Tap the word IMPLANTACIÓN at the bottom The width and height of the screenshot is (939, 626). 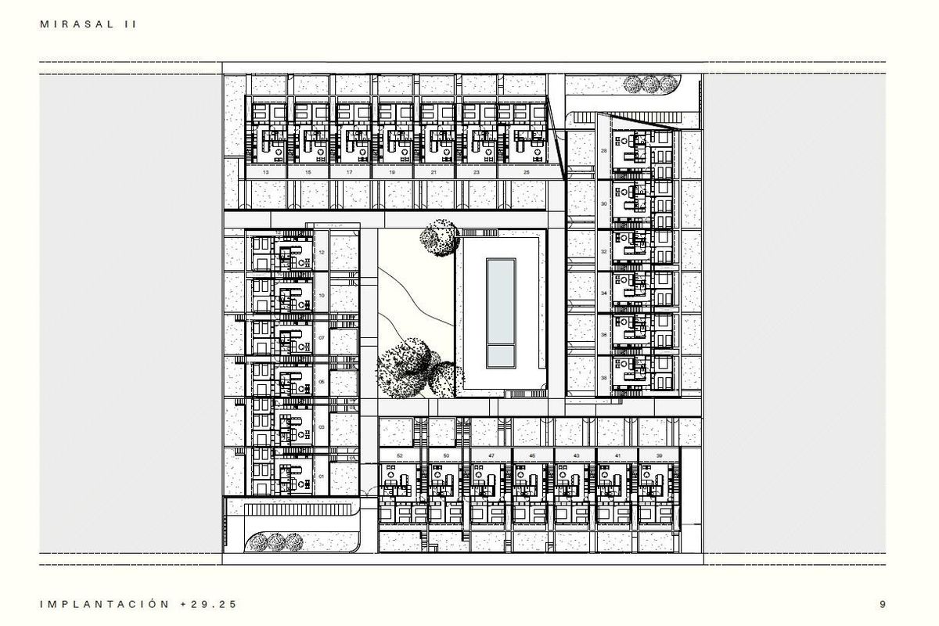coord(103,604)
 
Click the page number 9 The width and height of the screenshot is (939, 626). coord(883,604)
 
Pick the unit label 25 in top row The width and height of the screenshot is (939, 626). coord(526,171)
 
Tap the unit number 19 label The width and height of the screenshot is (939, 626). coord(391,171)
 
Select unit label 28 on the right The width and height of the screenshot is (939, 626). coord(603,150)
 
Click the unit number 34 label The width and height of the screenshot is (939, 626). coord(603,293)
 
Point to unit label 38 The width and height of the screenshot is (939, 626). coord(603,377)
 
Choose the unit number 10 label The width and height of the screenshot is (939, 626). coord(322,295)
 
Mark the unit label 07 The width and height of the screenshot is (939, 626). coord(322,338)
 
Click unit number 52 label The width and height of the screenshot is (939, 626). coord(399,455)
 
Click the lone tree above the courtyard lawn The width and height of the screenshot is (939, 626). coord(439,237)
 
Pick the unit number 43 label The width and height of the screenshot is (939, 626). coord(575,455)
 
